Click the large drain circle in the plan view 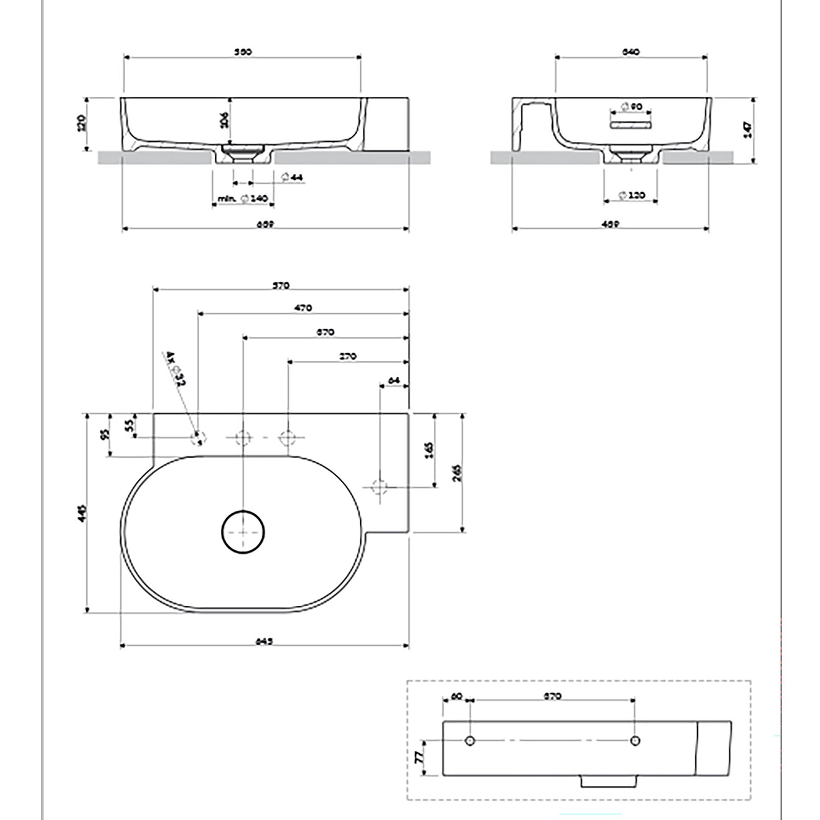pos(243,532)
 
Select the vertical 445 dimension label pos(84,512)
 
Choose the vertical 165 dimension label pos(429,449)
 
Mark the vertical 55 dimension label pos(129,424)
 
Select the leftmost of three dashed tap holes pos(198,438)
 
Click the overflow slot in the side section pos(630,125)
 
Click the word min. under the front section pos(226,198)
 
